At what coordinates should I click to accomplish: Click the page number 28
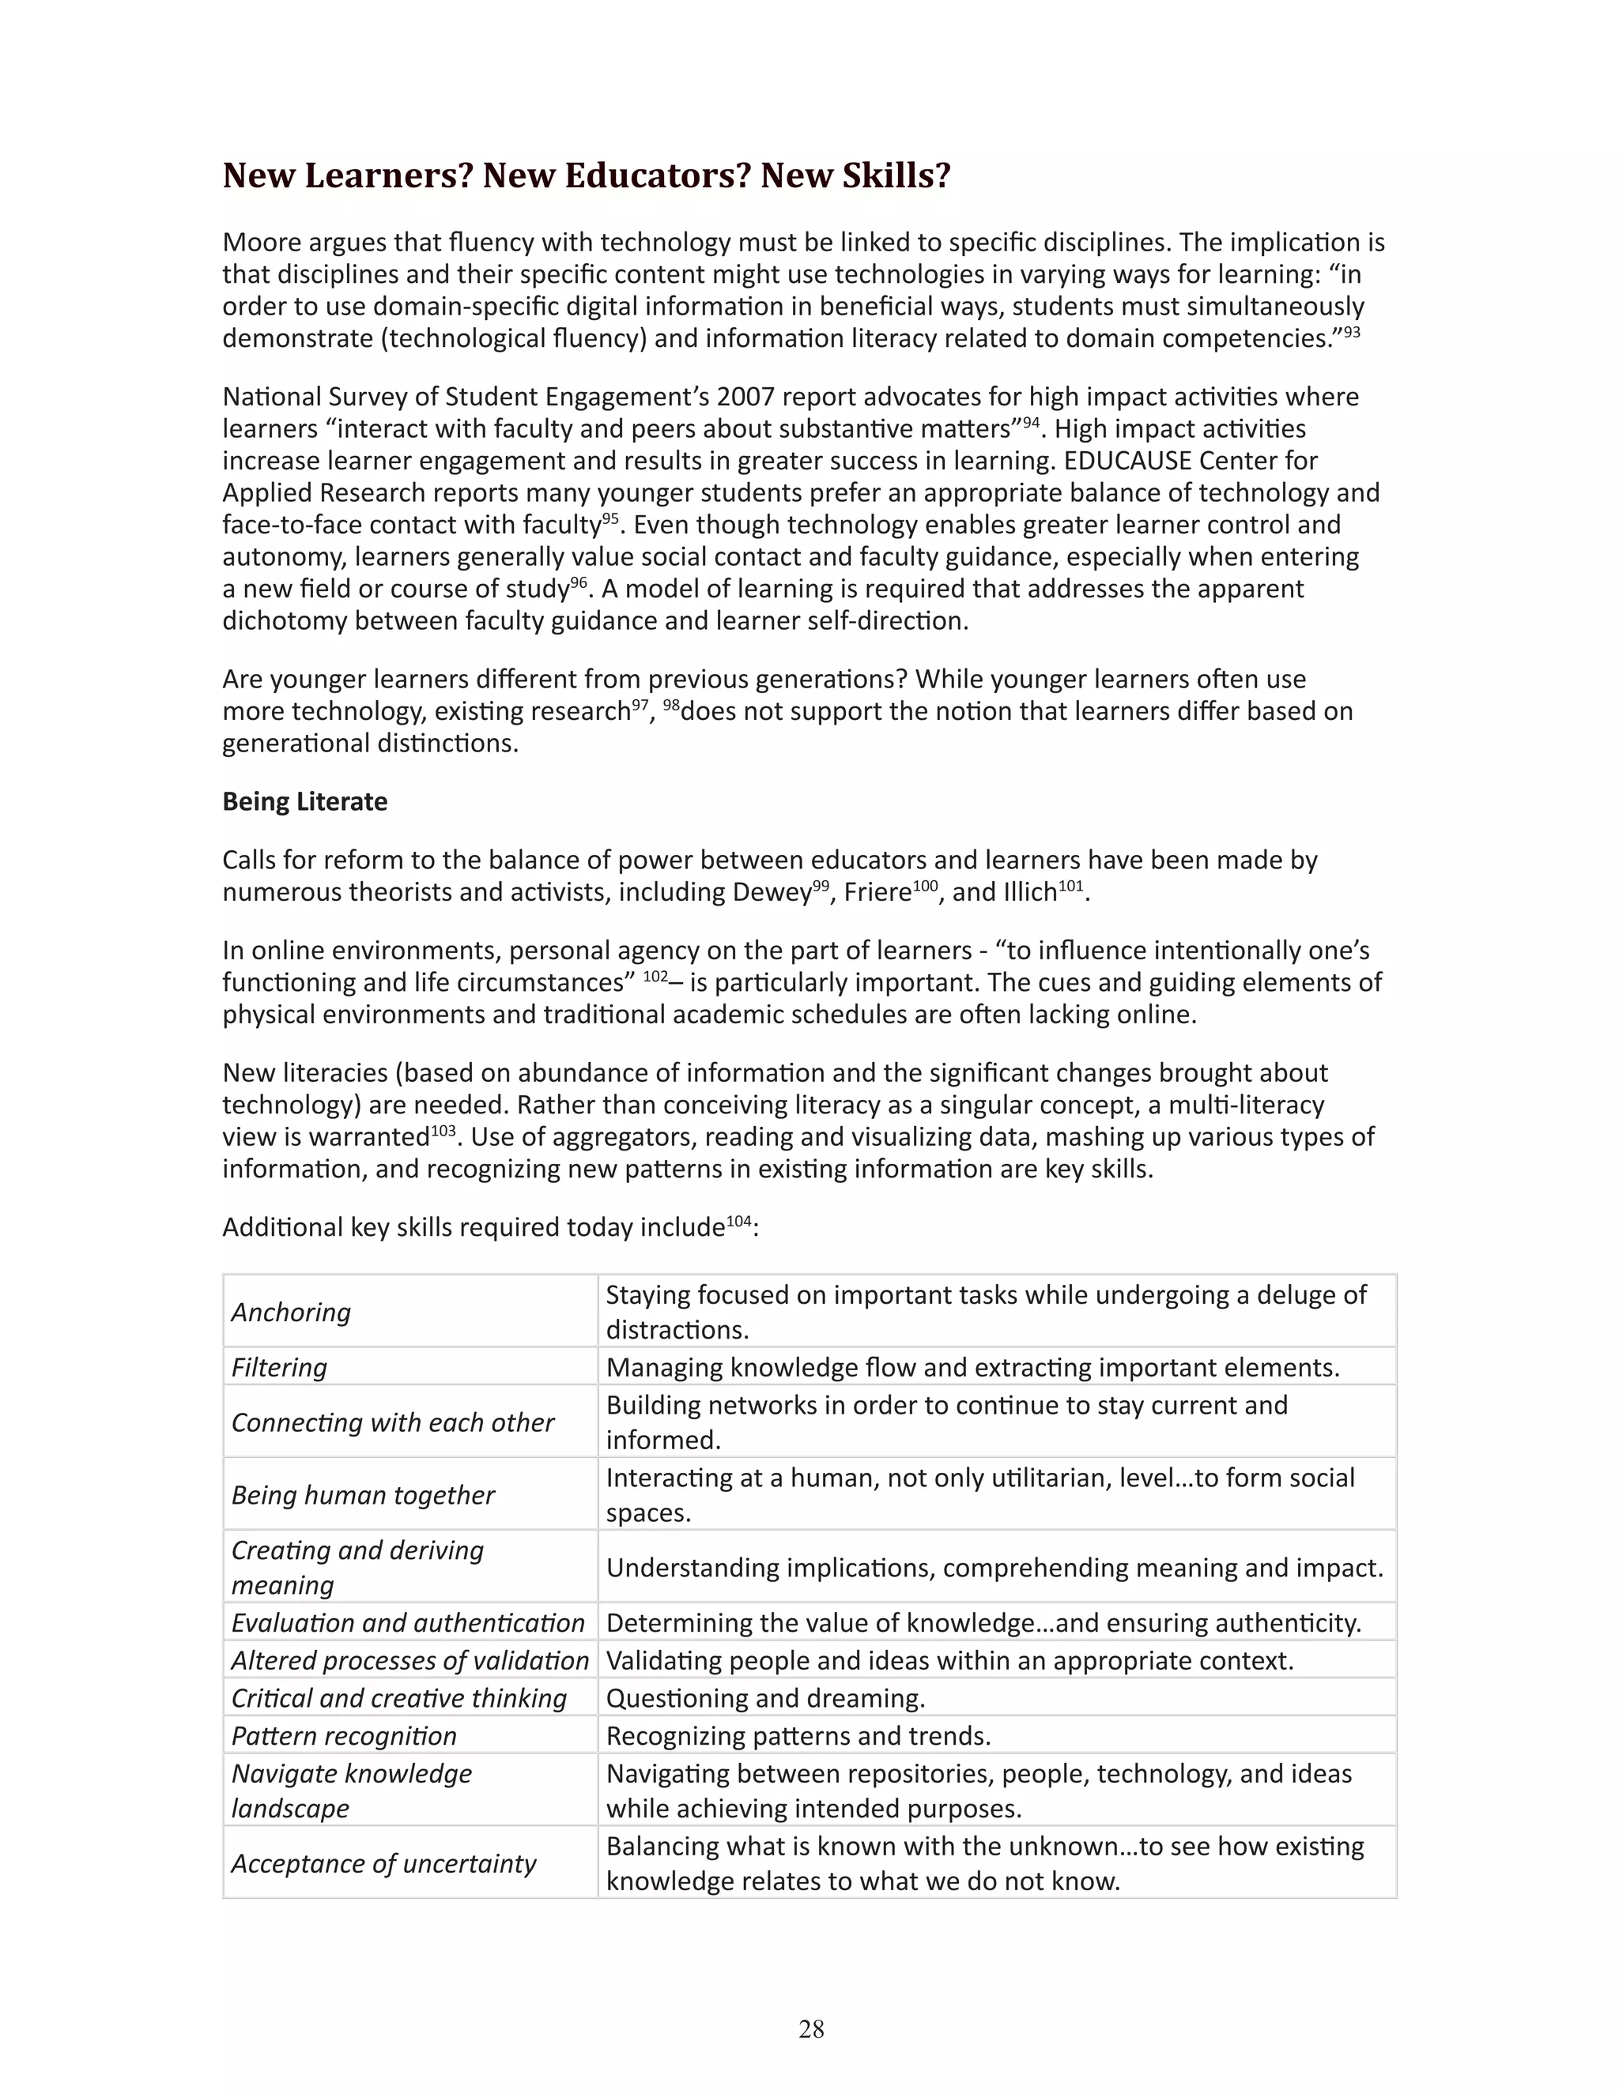coord(810,2028)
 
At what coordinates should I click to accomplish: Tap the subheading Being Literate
coord(305,801)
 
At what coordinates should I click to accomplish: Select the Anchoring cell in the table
coord(292,1312)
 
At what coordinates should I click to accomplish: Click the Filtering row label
coord(279,1367)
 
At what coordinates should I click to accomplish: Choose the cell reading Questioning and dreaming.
coord(765,1698)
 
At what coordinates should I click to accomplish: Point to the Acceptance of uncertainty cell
coord(383,1863)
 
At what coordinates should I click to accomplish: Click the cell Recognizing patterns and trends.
coord(798,1735)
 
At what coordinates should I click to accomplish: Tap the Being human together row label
coord(364,1495)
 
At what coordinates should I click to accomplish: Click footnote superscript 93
coord(1351,332)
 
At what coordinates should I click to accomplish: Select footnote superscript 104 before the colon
coord(738,1221)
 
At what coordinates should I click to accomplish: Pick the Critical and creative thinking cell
coord(399,1698)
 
